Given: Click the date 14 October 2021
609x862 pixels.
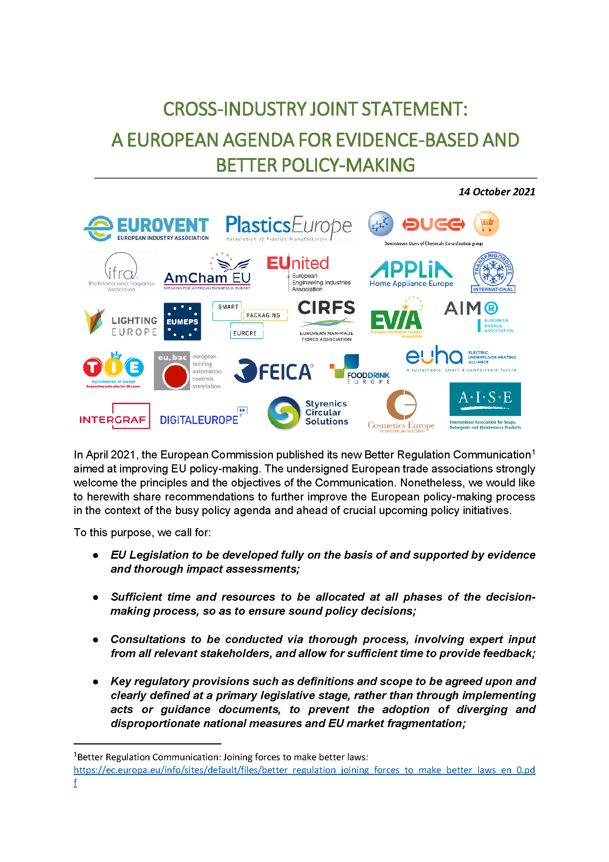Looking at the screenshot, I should pos(496,192).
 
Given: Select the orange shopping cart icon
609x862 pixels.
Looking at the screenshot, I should pos(486,224).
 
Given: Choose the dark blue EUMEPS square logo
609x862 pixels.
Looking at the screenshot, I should pos(182,321).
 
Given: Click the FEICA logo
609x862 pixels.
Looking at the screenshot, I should pos(273,371).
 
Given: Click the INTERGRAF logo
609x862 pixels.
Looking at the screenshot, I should pos(115,416).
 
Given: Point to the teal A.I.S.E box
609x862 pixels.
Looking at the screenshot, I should pos(485,399).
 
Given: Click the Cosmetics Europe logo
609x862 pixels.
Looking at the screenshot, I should pos(401,412).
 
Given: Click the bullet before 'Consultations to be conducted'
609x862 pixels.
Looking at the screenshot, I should pos(96,640).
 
